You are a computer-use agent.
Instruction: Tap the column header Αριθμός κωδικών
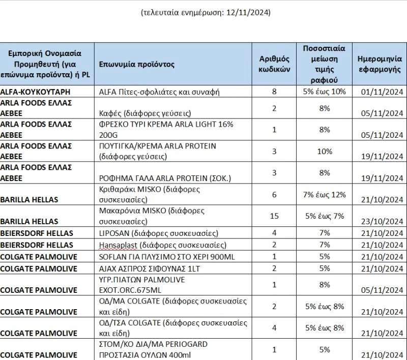coord(274,65)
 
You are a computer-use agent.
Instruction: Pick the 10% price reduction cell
coord(325,152)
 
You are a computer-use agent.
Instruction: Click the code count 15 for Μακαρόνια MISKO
coord(274,216)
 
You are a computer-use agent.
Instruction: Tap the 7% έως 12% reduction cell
coord(325,195)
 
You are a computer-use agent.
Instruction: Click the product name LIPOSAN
coord(116,233)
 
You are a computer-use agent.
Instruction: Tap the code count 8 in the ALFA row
coord(274,92)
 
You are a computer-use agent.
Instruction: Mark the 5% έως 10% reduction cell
coord(325,92)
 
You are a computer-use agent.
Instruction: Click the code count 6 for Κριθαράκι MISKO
coord(274,195)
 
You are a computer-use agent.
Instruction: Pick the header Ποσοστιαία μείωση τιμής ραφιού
coord(325,65)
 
